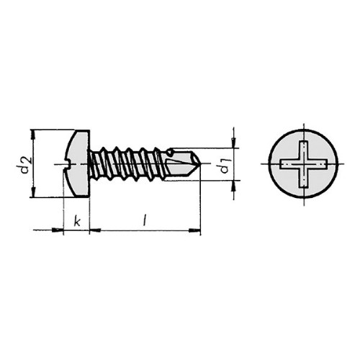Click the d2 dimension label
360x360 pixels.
coord(24,165)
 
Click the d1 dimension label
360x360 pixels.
coord(225,165)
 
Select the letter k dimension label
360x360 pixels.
coord(77,221)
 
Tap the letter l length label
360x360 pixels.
coord(144,220)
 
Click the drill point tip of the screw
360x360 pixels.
coord(200,164)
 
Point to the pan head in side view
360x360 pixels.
coord(77,163)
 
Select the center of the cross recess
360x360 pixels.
coord(304,164)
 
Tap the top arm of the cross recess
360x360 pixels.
coord(304,150)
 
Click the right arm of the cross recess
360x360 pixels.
coord(318,164)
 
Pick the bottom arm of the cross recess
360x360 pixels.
coord(304,178)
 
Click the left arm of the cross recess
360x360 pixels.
coord(290,164)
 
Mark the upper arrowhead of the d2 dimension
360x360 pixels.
coord(33,135)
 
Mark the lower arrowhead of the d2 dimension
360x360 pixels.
coord(33,192)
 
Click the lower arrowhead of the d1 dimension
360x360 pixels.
coord(233,185)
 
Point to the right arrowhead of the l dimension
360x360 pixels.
coord(194,230)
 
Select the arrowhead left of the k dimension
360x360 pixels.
coord(58,230)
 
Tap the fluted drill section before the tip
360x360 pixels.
coord(182,164)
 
